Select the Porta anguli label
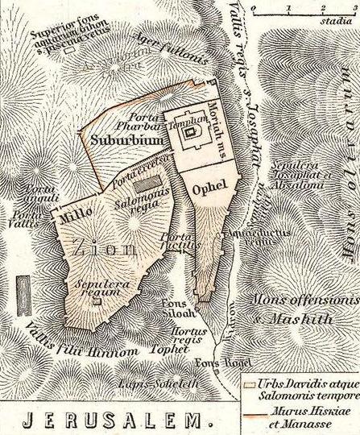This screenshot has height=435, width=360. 37,194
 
